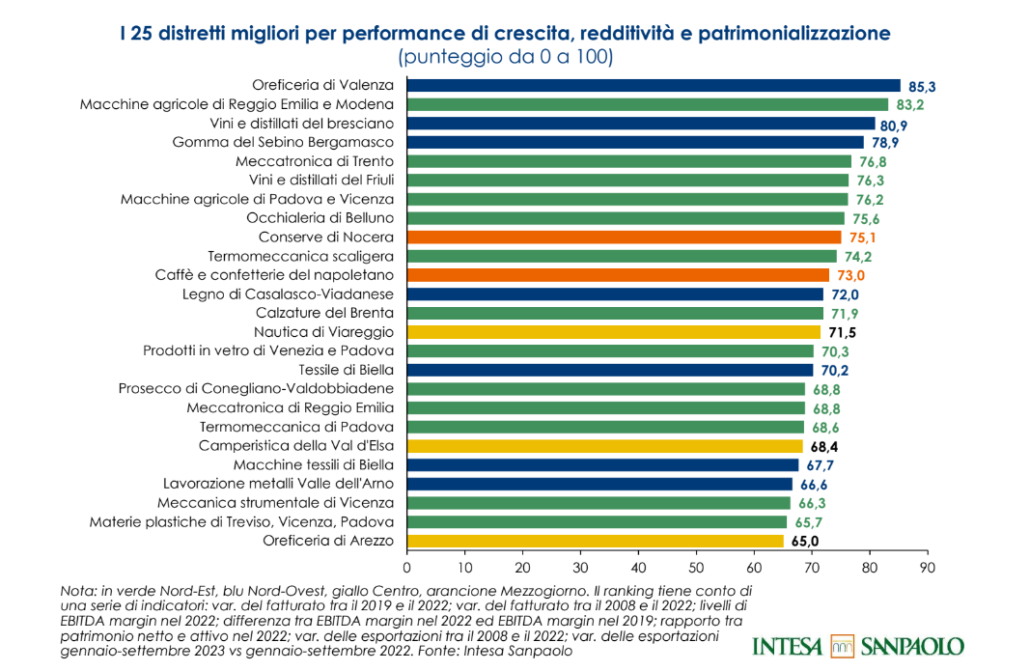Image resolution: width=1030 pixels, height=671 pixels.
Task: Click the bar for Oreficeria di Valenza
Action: pos(653,85)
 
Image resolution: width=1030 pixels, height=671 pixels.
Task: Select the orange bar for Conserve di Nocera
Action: pos(624,238)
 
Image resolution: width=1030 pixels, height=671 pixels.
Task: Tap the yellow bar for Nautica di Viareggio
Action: pos(613,332)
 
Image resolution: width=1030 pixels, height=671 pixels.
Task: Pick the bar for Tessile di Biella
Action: pos(609,370)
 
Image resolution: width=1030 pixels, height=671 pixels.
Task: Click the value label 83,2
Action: pos(910,105)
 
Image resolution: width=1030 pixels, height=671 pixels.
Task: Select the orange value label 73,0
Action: pos(851,276)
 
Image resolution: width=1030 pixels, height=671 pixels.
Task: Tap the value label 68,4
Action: pos(824,447)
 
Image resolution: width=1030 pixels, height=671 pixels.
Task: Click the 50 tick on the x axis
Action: pos(696,567)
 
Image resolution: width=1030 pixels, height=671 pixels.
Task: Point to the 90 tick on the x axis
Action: pos(928,567)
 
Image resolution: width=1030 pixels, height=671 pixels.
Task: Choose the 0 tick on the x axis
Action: pos(406,567)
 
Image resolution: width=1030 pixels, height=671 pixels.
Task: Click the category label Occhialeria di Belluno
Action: pos(320,218)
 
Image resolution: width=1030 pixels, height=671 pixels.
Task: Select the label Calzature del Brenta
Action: pos(324,313)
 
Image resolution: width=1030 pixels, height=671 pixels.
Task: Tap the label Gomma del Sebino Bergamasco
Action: pos(283,142)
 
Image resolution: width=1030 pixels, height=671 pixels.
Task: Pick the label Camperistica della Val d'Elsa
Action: pos(295,446)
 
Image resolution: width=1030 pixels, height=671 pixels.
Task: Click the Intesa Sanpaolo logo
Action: pos(857,645)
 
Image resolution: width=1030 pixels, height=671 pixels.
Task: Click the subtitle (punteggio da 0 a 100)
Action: pos(505,57)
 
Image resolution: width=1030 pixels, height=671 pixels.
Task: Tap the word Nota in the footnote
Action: pos(74,590)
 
